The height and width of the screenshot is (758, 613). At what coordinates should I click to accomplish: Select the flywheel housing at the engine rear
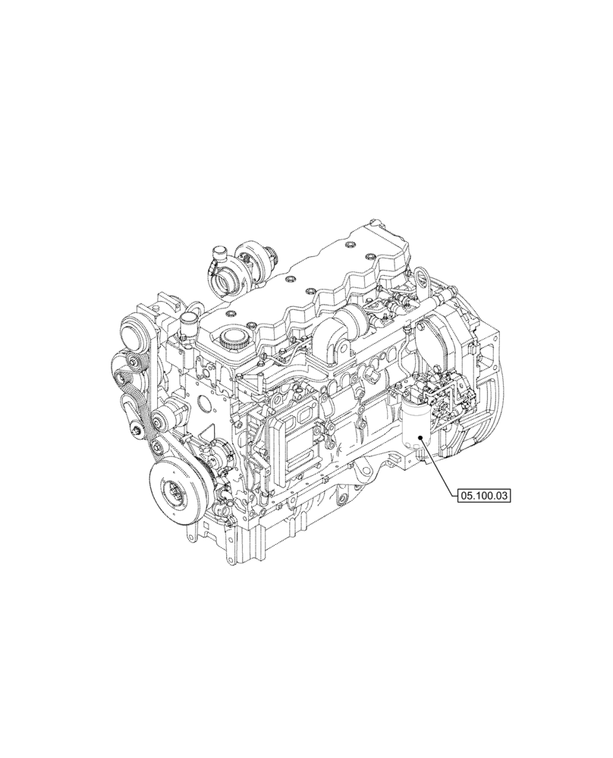coord(474,394)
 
